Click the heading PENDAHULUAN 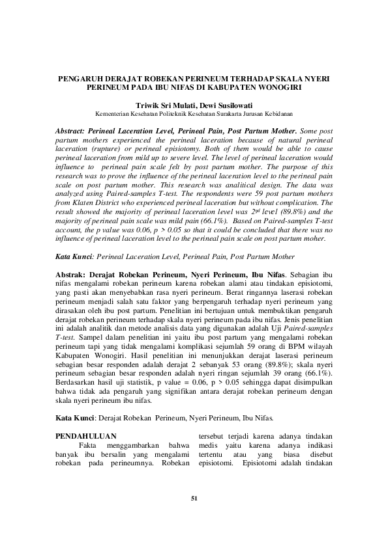click(x=82, y=435)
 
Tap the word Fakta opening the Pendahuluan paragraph click(x=88, y=445)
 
